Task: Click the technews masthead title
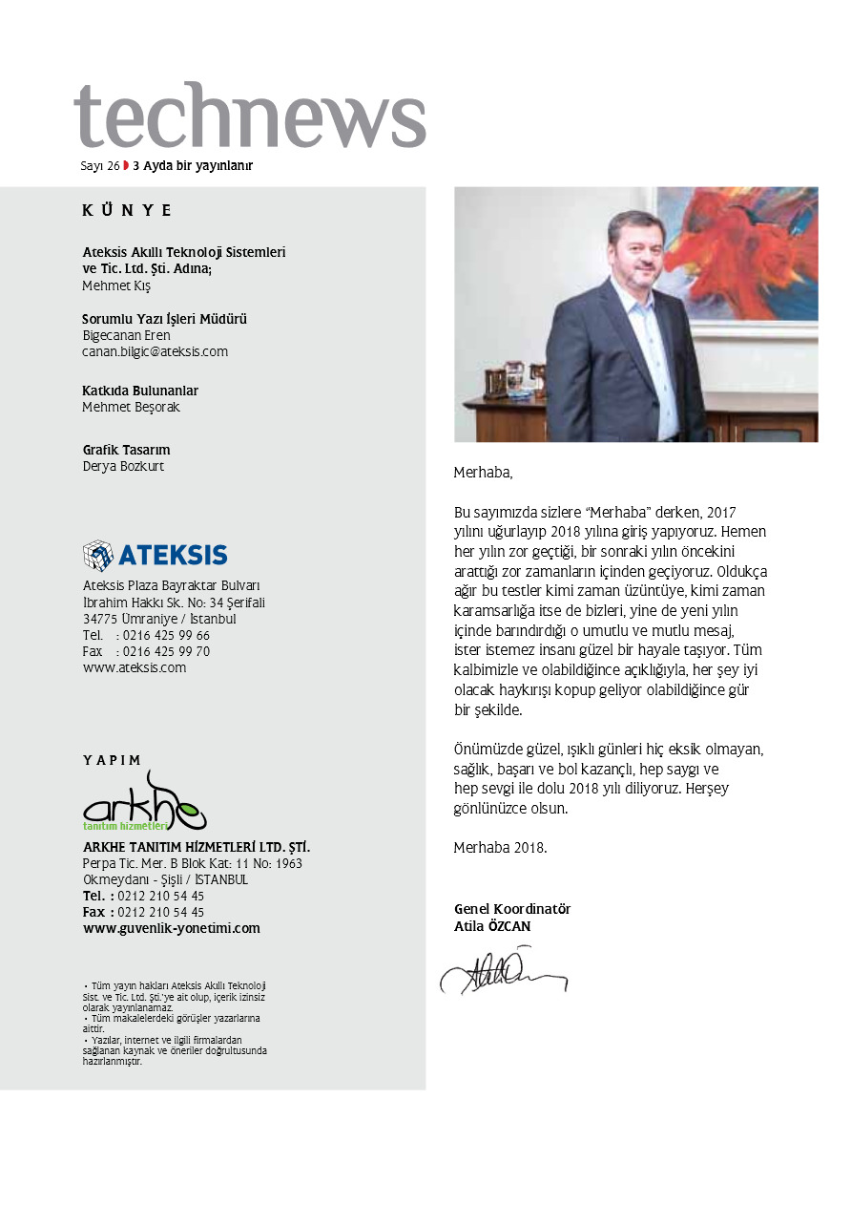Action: coord(250,116)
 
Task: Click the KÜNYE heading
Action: coord(127,211)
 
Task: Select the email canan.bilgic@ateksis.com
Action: coord(155,351)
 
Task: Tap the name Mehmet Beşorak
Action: coord(131,408)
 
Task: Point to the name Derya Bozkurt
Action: coord(123,467)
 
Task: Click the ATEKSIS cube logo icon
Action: coord(97,555)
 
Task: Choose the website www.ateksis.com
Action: coord(135,668)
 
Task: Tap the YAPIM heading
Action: coord(112,761)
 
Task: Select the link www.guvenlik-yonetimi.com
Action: coord(172,928)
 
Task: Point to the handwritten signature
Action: coord(503,970)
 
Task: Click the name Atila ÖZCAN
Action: coord(492,926)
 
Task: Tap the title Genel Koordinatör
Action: coord(511,910)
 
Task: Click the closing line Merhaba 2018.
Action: coord(500,848)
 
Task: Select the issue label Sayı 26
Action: coord(99,166)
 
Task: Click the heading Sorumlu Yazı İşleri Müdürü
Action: coord(164,319)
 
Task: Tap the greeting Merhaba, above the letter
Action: coord(483,473)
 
